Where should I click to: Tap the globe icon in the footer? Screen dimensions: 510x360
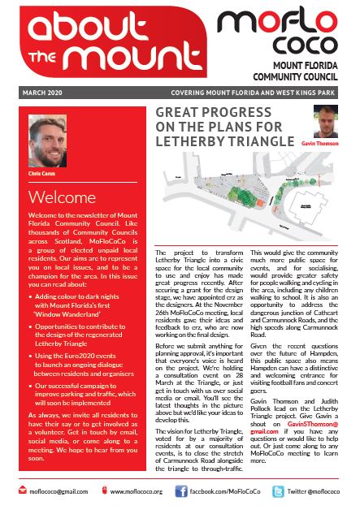[x=103, y=491]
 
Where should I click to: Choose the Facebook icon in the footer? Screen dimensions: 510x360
[x=183, y=491]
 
